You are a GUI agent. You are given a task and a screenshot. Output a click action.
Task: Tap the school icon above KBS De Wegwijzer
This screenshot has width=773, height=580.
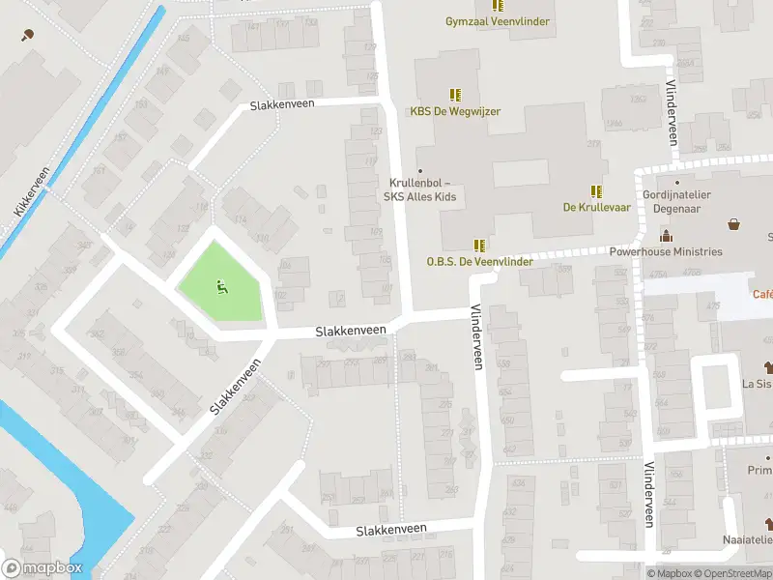pos(455,95)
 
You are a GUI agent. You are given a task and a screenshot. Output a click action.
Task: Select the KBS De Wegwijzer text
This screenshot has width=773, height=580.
pos(455,111)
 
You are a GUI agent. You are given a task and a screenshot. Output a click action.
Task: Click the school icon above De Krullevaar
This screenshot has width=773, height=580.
pos(596,190)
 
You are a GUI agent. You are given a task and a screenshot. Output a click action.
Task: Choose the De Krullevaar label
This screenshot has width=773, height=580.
pos(596,207)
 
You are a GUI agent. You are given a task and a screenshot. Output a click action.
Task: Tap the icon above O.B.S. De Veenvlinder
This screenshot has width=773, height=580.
pos(479,246)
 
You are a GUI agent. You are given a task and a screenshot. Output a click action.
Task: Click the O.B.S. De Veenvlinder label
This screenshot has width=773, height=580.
pos(479,262)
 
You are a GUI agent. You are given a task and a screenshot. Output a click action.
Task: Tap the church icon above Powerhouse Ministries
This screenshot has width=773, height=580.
pos(666,236)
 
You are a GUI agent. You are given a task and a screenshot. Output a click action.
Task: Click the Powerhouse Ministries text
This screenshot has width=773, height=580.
pos(666,252)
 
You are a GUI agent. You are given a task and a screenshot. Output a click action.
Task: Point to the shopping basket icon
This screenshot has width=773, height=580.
pos(734,224)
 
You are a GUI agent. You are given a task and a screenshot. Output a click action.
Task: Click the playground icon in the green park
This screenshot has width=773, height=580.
pos(220,285)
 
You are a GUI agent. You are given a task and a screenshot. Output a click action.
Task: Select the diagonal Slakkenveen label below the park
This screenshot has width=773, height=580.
pos(236,388)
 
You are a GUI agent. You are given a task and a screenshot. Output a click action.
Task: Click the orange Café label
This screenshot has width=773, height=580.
pos(762,294)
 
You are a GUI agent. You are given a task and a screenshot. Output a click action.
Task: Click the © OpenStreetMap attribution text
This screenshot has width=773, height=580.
pos(726,573)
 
